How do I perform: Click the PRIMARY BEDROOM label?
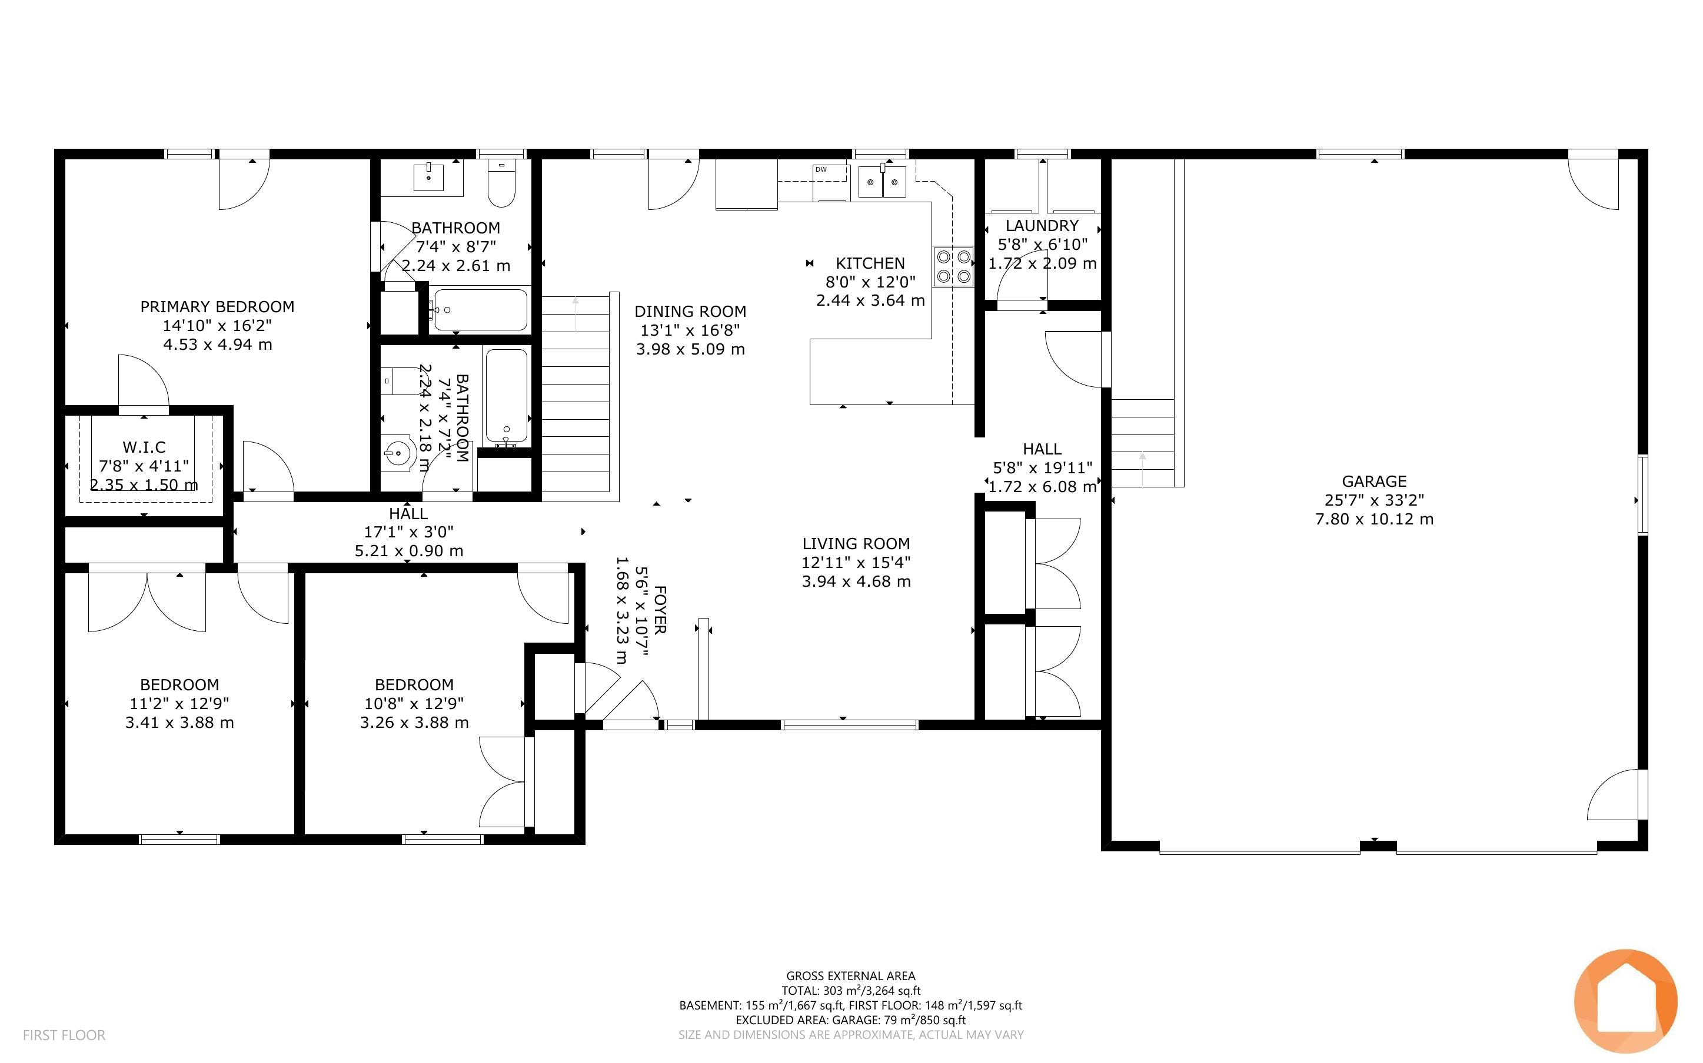[x=217, y=306]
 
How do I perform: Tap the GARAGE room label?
[x=1374, y=482]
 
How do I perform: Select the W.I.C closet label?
[x=144, y=447]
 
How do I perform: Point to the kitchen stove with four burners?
[x=953, y=266]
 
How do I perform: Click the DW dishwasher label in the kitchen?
[x=821, y=169]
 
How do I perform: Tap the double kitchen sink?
[x=882, y=182]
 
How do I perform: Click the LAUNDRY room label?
[x=1042, y=226]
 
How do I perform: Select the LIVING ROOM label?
[x=856, y=543]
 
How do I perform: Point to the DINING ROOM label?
[x=690, y=312]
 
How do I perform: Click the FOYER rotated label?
[x=659, y=610]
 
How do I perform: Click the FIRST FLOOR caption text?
[x=64, y=1035]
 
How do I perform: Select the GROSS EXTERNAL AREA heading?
[x=850, y=976]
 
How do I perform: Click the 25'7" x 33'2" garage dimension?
[x=1374, y=500]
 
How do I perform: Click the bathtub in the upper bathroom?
[x=480, y=310]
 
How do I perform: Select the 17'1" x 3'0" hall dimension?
[x=409, y=532]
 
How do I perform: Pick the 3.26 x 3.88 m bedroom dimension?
[x=414, y=723]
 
